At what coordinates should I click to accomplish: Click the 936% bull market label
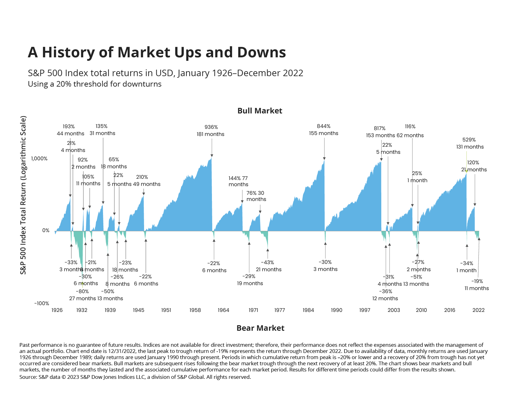click(x=211, y=127)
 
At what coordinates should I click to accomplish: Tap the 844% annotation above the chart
click(x=324, y=126)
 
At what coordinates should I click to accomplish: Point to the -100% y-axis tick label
click(x=42, y=303)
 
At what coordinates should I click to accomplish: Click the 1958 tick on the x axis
click(x=195, y=310)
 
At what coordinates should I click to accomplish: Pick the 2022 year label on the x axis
click(x=478, y=310)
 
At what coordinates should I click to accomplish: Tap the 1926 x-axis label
click(x=57, y=310)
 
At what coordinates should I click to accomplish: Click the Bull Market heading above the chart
click(x=260, y=111)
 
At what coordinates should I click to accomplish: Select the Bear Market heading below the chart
click(x=260, y=328)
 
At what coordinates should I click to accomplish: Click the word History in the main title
click(x=69, y=52)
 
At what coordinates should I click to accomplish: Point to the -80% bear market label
click(x=82, y=291)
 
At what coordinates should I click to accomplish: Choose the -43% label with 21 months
click(x=267, y=262)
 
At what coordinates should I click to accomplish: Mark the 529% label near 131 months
click(x=469, y=140)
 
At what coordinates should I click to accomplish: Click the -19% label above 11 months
click(x=477, y=281)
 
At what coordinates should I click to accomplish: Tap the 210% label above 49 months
click(x=142, y=177)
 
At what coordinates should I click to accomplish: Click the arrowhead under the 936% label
click(x=212, y=156)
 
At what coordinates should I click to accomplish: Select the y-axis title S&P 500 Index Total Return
click(x=23, y=195)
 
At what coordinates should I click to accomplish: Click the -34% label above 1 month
click(x=466, y=263)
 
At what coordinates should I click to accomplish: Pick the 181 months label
click(x=210, y=134)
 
